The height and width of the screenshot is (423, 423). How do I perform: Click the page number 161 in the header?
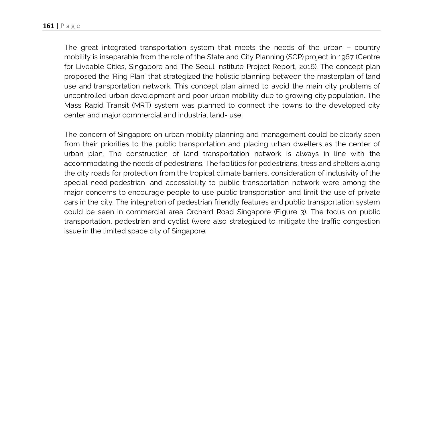point(48,26)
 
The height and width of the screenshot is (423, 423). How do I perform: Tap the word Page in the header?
point(70,26)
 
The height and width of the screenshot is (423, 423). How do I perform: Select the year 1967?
point(346,57)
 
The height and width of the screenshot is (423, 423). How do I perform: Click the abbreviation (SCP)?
point(295,57)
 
